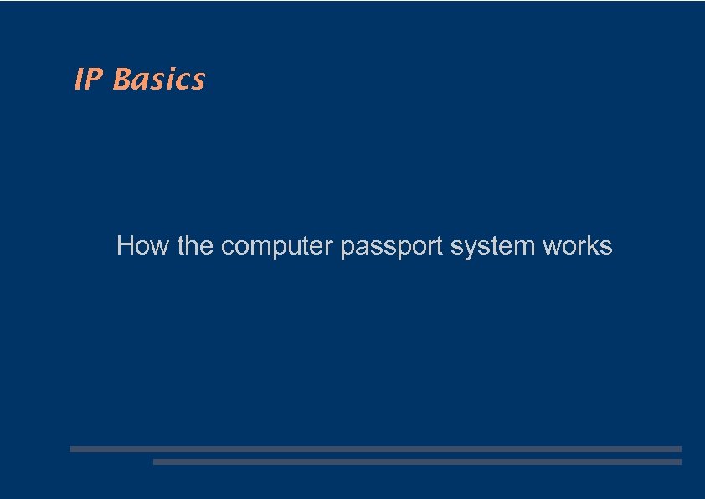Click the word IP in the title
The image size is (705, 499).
tap(89, 80)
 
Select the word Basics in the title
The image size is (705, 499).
tap(158, 80)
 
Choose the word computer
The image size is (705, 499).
tap(277, 247)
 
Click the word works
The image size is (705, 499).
tap(578, 246)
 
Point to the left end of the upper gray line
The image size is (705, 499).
tap(73, 449)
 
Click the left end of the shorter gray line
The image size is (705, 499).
tap(156, 461)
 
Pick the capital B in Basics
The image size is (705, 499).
tap(122, 80)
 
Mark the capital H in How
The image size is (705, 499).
tap(126, 246)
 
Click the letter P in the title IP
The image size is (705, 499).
tap(94, 80)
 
